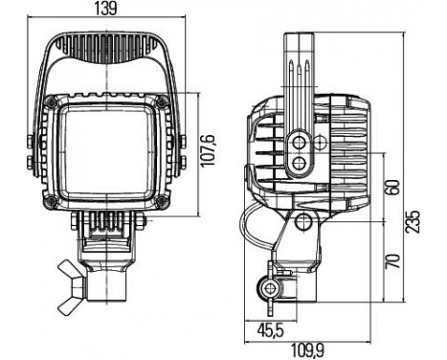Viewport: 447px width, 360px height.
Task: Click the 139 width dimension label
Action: (x=106, y=8)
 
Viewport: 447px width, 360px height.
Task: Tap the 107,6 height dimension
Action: (x=208, y=150)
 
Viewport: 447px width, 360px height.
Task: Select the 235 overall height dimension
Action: (x=412, y=221)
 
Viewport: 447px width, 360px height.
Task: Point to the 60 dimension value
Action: (x=392, y=188)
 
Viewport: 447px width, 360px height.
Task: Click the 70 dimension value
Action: (x=392, y=260)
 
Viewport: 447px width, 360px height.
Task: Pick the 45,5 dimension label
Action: (x=270, y=330)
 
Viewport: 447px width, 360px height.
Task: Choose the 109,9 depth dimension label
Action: (x=307, y=351)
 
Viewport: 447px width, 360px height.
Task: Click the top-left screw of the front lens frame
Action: (x=51, y=102)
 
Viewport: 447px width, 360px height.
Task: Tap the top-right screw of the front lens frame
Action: (x=161, y=102)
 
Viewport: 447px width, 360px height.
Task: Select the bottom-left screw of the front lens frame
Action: (x=51, y=201)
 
